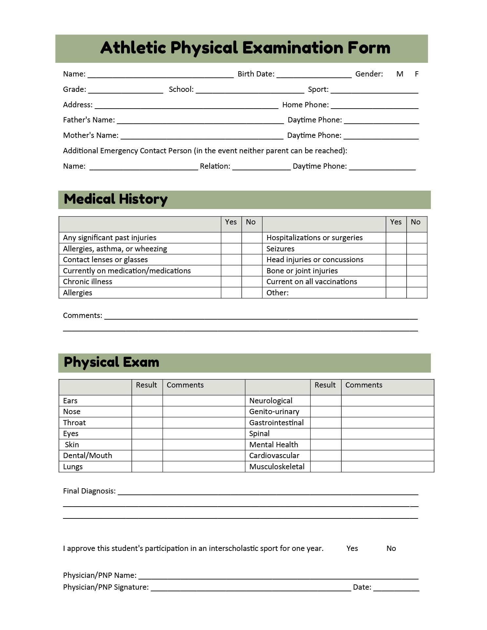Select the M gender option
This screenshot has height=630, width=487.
[x=399, y=74]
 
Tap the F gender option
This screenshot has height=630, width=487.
[x=416, y=74]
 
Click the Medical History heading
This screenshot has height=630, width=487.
[x=116, y=199]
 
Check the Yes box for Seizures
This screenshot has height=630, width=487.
[x=396, y=249]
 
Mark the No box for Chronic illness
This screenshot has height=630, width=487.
[x=252, y=282]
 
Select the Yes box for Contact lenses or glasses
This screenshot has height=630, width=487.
[x=231, y=260]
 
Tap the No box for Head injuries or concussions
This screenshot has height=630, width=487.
[x=416, y=260]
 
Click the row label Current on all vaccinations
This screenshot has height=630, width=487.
[x=311, y=282]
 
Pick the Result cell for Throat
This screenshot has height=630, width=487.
[x=147, y=423]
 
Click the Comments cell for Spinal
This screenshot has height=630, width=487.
[x=387, y=434]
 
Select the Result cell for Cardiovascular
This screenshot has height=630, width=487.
[x=326, y=456]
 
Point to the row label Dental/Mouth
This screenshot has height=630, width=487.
[x=87, y=456]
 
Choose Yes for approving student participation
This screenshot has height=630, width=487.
[x=352, y=549]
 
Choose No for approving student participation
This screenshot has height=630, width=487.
[x=391, y=549]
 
